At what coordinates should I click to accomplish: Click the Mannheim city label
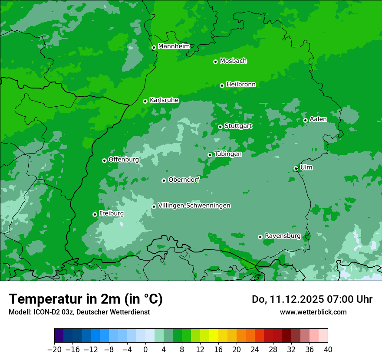174,46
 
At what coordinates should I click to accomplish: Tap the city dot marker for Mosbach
215,62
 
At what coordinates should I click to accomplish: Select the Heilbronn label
241,85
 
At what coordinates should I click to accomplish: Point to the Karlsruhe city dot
145,101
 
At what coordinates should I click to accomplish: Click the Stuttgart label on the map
238,126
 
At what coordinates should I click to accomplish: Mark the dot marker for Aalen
305,120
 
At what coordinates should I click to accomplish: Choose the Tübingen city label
228,154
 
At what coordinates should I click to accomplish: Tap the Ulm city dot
296,168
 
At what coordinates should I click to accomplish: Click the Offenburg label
124,160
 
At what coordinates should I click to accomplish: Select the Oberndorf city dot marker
164,180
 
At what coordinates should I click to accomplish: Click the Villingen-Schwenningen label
194,206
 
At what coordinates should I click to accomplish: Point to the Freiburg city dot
95,214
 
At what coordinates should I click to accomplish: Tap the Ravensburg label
283,236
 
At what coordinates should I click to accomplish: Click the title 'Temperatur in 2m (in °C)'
86,299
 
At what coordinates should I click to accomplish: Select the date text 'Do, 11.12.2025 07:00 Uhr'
312,299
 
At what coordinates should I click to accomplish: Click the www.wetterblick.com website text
313,312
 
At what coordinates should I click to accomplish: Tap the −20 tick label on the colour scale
54,350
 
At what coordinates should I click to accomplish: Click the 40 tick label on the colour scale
328,350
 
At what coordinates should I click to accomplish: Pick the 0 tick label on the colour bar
145,350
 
